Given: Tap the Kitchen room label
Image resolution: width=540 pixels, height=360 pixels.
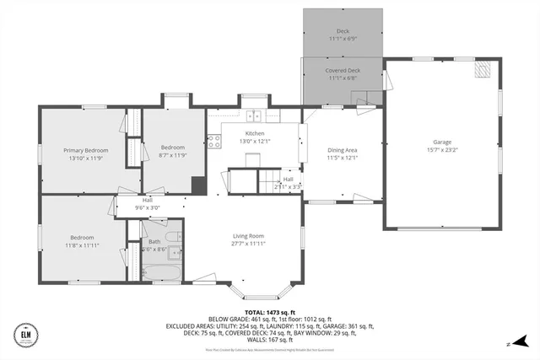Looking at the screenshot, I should (255, 134).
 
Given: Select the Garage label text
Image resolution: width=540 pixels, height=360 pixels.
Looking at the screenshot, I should (442, 142).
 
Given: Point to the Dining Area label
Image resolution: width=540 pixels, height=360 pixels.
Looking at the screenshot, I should (343, 150).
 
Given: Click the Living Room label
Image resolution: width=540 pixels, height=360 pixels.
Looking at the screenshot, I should (249, 236).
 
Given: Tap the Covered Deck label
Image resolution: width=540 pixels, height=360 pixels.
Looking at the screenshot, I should (343, 71).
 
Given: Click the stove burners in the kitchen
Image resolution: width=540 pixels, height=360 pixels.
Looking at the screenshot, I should (214, 141).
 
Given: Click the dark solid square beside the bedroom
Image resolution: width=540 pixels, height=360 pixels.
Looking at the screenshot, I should (198, 185).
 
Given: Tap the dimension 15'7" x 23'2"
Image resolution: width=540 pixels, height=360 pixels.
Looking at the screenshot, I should (442, 151).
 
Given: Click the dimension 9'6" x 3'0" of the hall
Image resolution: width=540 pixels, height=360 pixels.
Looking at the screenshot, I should (147, 207).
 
